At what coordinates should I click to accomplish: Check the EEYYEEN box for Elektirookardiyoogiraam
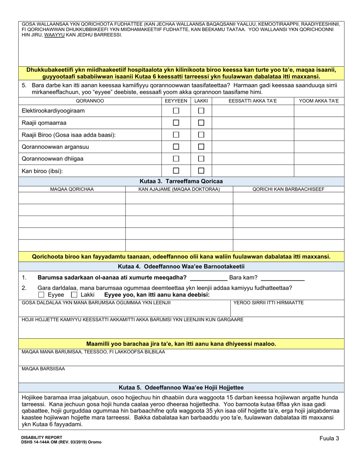[x=176, y=111]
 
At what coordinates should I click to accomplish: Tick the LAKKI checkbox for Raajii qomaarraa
[x=201, y=123]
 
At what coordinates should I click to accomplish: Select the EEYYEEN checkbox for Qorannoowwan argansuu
[x=176, y=147]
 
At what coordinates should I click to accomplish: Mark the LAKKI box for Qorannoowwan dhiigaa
[x=201, y=158]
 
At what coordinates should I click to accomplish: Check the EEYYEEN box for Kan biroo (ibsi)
[x=176, y=170]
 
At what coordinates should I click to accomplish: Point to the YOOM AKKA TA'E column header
[x=319, y=101]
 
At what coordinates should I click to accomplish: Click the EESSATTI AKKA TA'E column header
[x=253, y=101]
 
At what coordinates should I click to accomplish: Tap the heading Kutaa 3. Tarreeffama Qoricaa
[x=181, y=181]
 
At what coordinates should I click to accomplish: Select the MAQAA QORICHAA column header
[x=72, y=189]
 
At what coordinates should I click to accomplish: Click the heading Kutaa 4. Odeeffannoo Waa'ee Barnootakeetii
[x=181, y=266]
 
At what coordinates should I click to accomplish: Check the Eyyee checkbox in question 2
[x=42, y=295]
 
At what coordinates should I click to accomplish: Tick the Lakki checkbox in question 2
[x=75, y=295]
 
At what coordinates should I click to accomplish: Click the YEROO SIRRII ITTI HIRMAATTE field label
[x=268, y=302]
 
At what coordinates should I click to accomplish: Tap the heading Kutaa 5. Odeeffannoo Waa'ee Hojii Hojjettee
[x=181, y=388]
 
